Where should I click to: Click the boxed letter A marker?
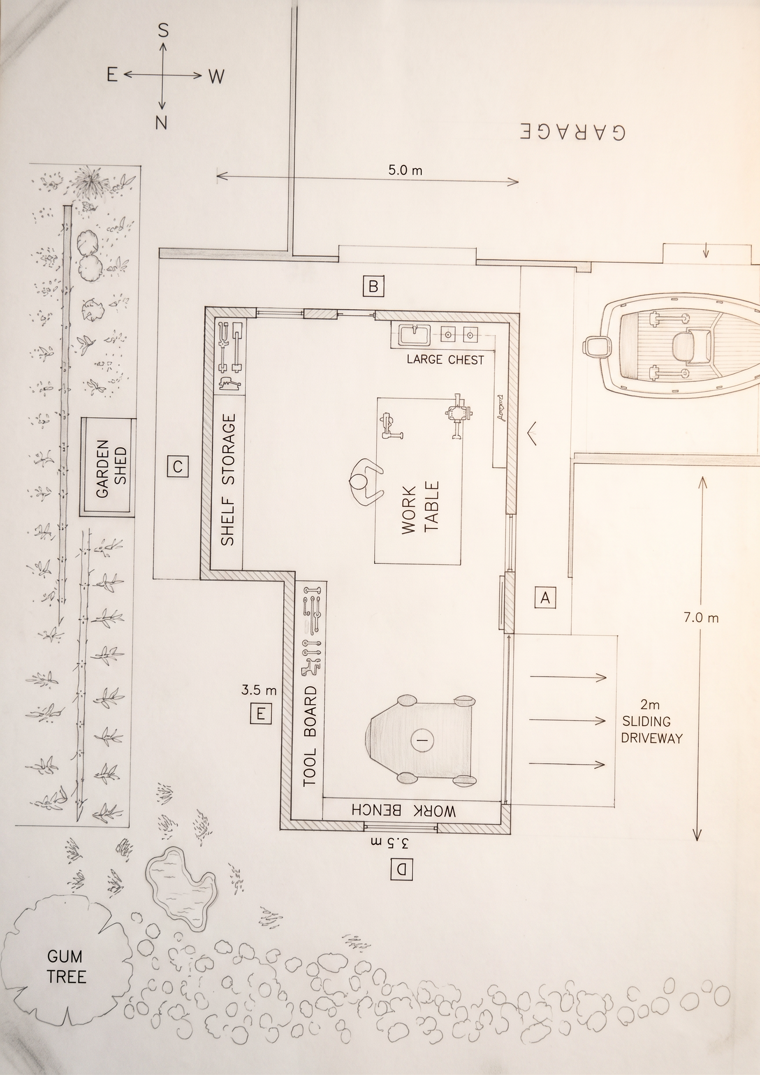point(545,597)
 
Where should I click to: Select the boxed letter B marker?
point(373,286)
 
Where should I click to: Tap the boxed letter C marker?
point(178,466)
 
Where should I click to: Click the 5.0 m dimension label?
point(405,170)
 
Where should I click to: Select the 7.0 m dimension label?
point(701,618)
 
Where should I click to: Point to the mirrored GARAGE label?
point(572,132)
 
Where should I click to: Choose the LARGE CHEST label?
point(445,360)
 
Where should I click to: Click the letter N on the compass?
point(161,123)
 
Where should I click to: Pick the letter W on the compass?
point(216,77)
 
